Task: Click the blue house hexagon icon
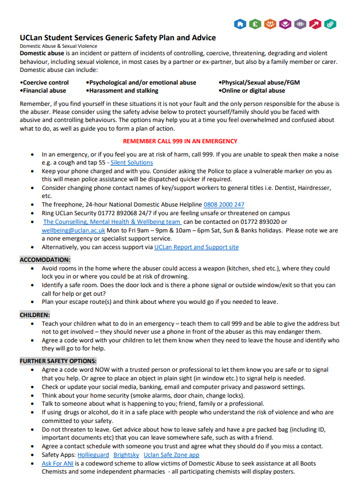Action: tap(240, 24)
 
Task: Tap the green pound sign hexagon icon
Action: tap(255, 24)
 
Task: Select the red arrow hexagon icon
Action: tap(315, 24)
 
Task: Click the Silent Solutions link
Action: tap(132, 163)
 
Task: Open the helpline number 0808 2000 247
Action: tap(224, 204)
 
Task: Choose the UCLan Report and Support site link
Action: tap(196, 247)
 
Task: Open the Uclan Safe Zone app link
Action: tap(172, 455)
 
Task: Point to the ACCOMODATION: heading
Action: tap(45, 260)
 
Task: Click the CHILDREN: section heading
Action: tap(35, 315)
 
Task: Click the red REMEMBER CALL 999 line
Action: tap(180, 142)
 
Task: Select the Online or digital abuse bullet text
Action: tap(252, 91)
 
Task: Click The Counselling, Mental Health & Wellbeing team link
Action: tap(112, 222)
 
